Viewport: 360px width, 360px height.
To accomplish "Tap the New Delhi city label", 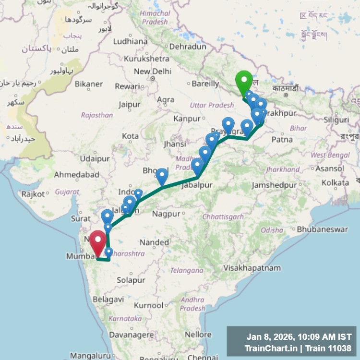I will coord(152,72).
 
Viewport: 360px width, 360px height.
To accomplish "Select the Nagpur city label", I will coord(167,213).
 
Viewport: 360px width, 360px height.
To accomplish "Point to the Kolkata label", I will coord(335,183).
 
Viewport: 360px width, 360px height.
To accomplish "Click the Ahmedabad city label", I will coord(76,175).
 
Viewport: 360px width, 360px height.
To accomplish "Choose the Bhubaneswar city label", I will coord(322,229).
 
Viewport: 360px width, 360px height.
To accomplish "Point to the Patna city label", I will coord(282,140).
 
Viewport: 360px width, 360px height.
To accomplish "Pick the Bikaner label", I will coord(89,84).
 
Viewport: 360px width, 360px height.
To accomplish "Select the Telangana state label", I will coord(186,270).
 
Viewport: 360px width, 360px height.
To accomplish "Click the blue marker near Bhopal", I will coord(162,176).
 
